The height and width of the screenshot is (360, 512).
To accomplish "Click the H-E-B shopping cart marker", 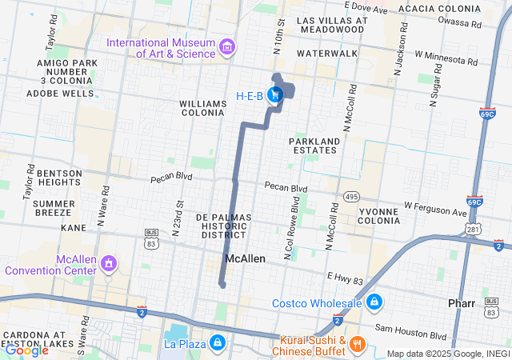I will [x=275, y=95].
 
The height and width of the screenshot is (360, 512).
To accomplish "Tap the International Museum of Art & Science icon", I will [x=228, y=47].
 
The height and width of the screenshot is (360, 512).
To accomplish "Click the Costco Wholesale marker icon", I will [x=374, y=303].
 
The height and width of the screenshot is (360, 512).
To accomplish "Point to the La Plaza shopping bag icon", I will [x=217, y=343].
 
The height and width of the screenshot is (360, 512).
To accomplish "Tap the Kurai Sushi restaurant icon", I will [x=357, y=345].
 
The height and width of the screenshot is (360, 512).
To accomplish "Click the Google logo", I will [x=26, y=350].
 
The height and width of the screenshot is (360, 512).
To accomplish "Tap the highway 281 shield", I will [x=475, y=230].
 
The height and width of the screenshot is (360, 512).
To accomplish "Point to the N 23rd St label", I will [x=178, y=213].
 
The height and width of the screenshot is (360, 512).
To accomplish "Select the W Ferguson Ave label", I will [x=434, y=209].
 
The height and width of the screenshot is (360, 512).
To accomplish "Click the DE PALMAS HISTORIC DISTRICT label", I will [x=224, y=226].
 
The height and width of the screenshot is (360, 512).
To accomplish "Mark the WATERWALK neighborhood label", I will [x=326, y=53].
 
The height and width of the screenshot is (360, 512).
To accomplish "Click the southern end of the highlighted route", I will [x=222, y=284].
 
